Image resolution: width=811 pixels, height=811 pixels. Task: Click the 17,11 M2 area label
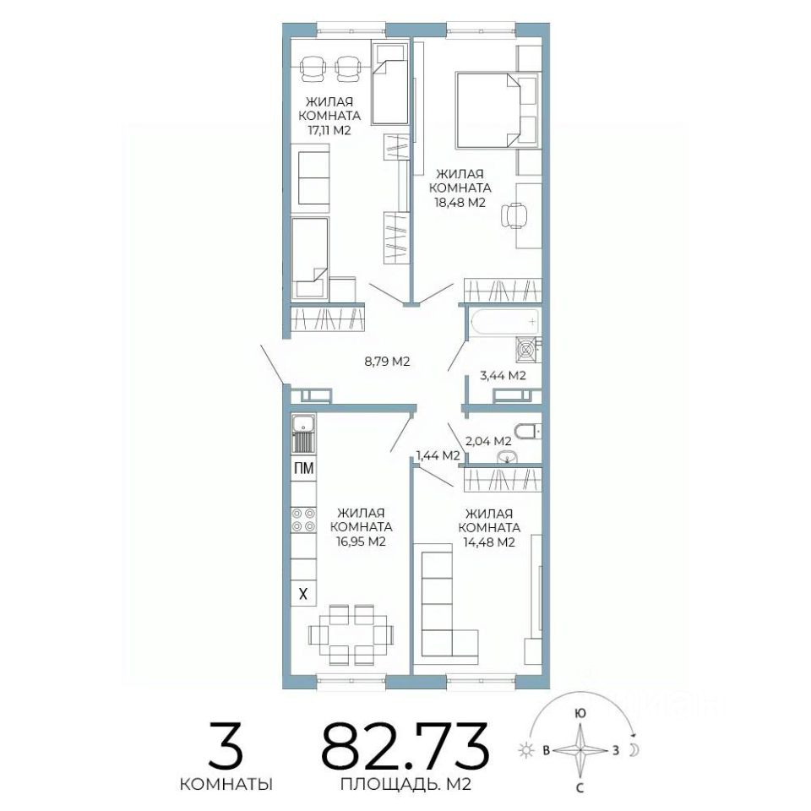329,130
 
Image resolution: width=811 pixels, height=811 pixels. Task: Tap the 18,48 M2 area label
460,202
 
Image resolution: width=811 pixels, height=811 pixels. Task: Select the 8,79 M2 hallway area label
387,362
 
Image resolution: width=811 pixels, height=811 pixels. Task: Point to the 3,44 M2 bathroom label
503,375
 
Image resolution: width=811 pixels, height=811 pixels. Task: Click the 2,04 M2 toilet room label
488,441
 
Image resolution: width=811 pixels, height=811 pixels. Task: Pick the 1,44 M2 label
438,455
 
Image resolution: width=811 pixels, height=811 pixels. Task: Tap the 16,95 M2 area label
361,542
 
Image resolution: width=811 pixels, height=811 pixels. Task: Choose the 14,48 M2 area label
489,542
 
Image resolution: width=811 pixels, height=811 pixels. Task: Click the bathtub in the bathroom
505,321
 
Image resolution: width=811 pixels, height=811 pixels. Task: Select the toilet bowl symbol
527,430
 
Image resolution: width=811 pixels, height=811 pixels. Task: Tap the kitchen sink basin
303,424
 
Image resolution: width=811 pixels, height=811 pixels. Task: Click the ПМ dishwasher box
303,469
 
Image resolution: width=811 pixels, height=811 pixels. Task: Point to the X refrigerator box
303,594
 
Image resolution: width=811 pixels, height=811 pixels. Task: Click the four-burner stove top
303,520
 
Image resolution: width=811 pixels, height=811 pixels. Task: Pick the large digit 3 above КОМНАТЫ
226,744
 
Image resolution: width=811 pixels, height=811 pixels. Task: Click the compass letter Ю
580,714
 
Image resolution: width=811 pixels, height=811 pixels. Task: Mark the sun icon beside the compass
526,750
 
